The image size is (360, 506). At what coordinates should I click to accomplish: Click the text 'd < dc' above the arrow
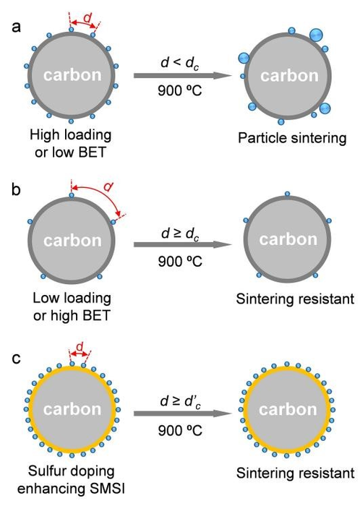[178, 59]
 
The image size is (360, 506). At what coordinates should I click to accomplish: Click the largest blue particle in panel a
[316, 35]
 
